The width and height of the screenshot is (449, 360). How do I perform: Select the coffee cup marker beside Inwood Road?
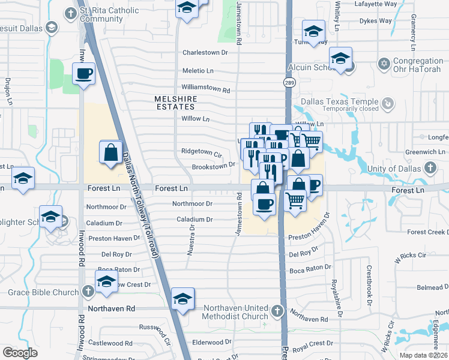(83, 74)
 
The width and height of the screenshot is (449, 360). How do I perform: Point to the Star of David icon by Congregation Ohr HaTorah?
(384, 63)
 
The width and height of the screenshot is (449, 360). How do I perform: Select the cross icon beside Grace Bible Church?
(88, 292)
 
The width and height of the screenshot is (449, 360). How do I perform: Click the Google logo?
(20, 352)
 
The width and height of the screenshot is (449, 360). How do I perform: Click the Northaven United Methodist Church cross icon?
(276, 311)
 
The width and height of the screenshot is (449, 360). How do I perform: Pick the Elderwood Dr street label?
(208, 343)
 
